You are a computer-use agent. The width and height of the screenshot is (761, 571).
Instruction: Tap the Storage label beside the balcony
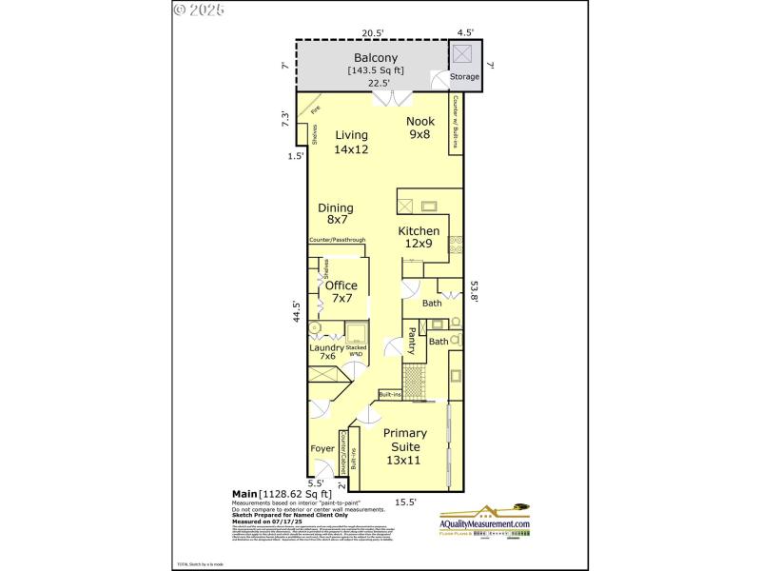pos(464,76)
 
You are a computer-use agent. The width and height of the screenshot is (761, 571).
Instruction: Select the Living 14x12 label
pos(351,142)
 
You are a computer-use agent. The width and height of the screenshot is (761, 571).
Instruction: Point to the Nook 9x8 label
pos(420,128)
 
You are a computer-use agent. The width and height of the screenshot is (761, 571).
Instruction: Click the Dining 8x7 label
pos(335,214)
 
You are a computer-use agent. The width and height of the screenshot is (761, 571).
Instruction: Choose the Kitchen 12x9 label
pos(419,237)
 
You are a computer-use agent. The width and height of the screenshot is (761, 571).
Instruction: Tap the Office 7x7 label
pos(341,291)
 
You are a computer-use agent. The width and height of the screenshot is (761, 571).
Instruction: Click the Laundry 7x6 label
pos(327,354)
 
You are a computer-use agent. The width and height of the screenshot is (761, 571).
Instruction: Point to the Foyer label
pos(322,448)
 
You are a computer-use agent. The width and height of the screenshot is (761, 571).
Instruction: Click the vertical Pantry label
pos(412,341)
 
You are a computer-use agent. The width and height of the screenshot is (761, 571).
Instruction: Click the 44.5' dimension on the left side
pos(297,313)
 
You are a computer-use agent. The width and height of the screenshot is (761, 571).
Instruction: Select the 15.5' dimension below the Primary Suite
pos(405,502)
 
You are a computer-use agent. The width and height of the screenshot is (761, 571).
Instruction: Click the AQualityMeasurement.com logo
pos(484,522)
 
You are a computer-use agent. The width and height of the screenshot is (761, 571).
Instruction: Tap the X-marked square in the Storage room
pos(462,53)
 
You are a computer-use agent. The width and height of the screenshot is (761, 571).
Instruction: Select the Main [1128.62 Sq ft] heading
pos(282,494)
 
